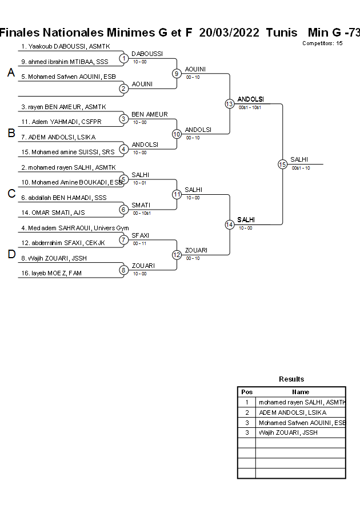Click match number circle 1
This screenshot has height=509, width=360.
[x=123, y=58]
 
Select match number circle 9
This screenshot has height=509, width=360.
[x=177, y=73]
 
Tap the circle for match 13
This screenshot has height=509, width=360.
[x=229, y=104]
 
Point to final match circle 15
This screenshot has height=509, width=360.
[x=282, y=164]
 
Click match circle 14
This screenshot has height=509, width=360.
[x=229, y=225]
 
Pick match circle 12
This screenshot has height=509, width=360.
[x=177, y=255]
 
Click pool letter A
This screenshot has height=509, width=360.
[x=11, y=73]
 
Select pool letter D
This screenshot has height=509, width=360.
[x=11, y=255]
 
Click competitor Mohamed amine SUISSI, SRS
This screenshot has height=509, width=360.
[x=67, y=152]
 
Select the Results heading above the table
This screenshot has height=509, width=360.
[x=291, y=379]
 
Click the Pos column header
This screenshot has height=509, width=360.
[x=247, y=392]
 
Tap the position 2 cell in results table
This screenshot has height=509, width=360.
[x=247, y=412]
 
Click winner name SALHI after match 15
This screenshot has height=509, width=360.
[x=300, y=159]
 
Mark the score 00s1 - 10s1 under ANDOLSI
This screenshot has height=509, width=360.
[x=250, y=107]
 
